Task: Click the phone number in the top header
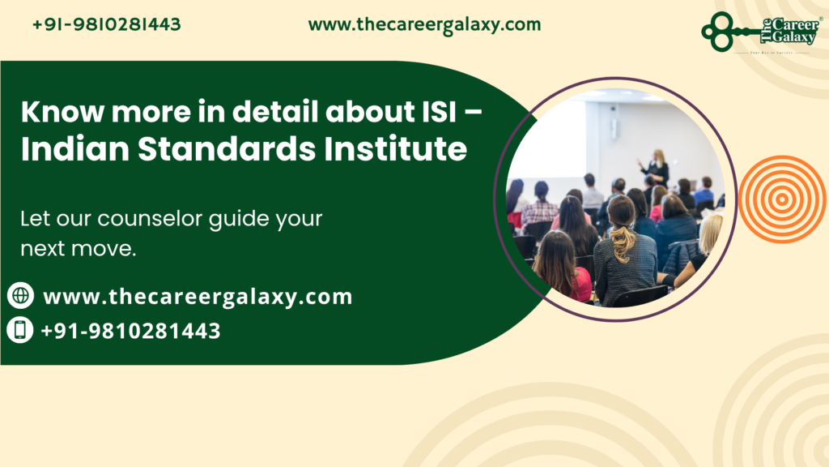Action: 107,24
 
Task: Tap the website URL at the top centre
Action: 424,24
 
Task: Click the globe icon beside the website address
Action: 20,296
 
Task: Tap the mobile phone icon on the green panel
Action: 20,330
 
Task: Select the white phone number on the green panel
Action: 130,331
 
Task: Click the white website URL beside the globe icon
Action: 198,297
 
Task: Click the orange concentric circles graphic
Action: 781,199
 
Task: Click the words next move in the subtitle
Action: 77,249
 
